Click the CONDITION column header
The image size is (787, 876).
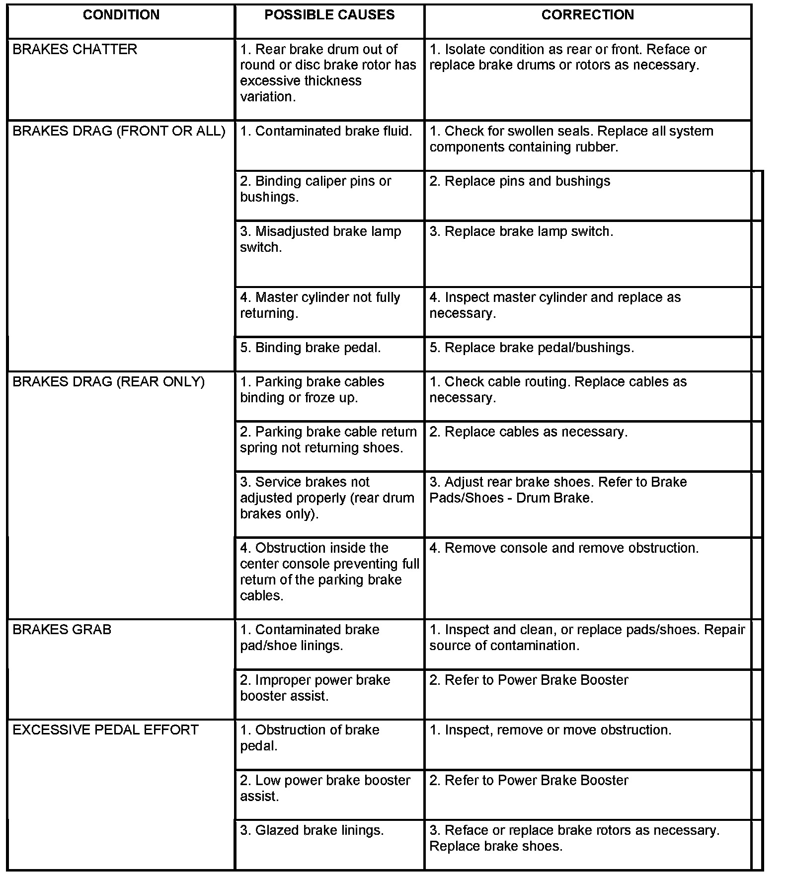[121, 15]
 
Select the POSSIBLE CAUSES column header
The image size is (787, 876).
[329, 15]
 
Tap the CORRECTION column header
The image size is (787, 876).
[587, 15]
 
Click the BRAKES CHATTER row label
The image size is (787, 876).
[75, 50]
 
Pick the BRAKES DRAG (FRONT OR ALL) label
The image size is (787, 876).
[119, 131]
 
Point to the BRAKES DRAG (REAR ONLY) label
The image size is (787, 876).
[108, 382]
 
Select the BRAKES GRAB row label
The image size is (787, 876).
[62, 630]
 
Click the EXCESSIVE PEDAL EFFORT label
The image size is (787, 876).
[105, 730]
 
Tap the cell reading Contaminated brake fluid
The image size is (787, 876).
[326, 131]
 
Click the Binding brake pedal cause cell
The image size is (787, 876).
[311, 348]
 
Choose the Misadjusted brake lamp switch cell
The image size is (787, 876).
[320, 239]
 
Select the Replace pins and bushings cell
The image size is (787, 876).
[520, 181]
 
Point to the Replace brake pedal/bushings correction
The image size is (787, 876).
[532, 348]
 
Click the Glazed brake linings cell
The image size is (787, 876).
[312, 830]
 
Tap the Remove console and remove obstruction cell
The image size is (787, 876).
[564, 548]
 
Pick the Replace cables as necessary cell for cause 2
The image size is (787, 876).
[529, 432]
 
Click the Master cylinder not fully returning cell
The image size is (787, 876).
[320, 305]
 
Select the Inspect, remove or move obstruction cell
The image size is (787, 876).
[551, 730]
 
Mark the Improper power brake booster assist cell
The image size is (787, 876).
[315, 688]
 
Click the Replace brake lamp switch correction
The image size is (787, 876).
[521, 232]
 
